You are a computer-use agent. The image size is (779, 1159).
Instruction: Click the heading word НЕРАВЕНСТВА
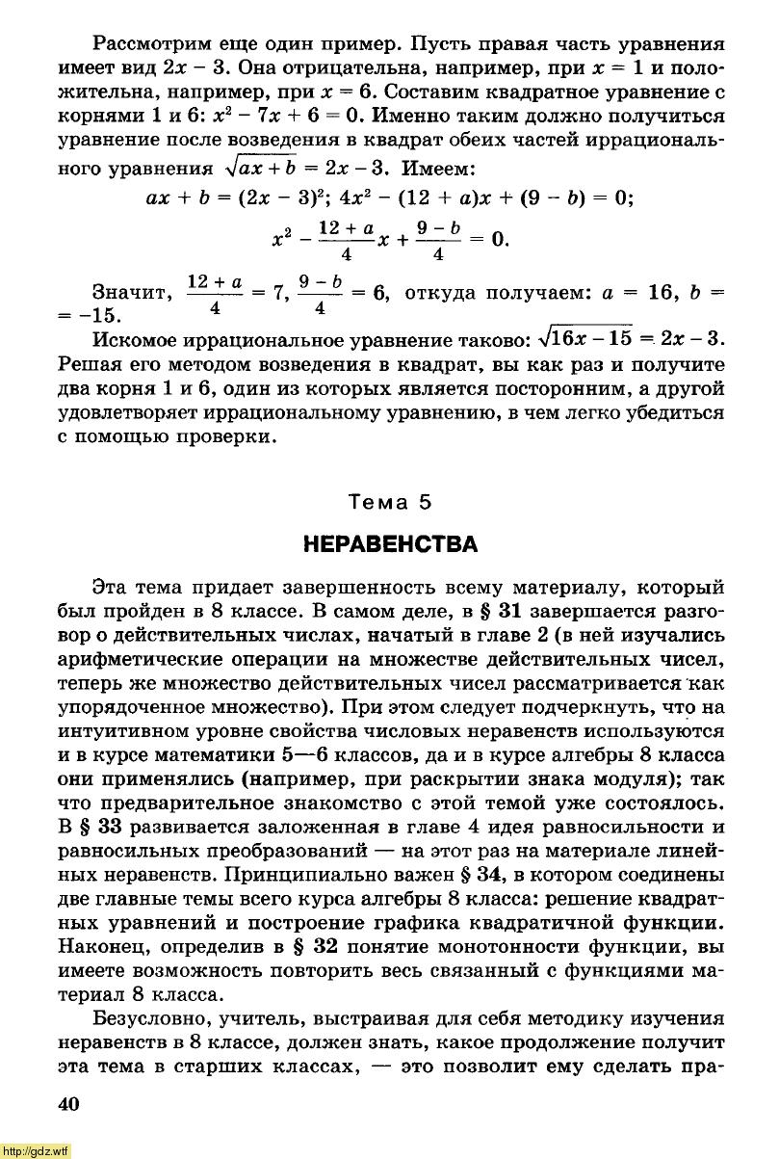pyautogui.click(x=390, y=545)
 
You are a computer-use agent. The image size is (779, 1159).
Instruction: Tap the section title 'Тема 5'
pyautogui.click(x=390, y=501)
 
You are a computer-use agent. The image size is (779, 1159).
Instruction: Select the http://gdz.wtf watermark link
pyautogui.click(x=36, y=1150)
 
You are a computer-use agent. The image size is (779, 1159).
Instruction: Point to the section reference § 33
pyautogui.click(x=99, y=827)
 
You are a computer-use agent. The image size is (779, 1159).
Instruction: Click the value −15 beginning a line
pyautogui.click(x=110, y=315)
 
